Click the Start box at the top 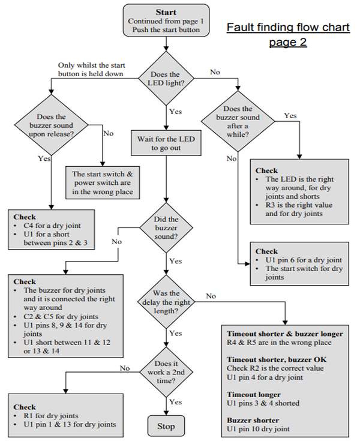[166, 20]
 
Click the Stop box [166, 426]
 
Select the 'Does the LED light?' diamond [166, 79]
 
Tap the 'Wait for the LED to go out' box [166, 143]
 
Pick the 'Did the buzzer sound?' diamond [166, 227]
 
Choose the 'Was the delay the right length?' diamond [166, 302]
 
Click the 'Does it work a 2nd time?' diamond [166, 372]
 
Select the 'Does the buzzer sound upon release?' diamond [51, 125]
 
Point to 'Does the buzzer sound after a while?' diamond [238, 121]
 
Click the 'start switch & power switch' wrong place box [103, 182]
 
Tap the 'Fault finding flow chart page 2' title [288, 34]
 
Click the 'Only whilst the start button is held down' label [91, 70]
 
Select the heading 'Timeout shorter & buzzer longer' [285, 334]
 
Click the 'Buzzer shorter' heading [253, 420]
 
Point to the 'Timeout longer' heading [254, 395]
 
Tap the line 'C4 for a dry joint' [52, 226]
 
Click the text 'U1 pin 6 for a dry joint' [304, 260]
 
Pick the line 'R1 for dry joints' [51, 416]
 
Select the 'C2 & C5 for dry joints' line [61, 316]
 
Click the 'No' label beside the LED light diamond [215, 72]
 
